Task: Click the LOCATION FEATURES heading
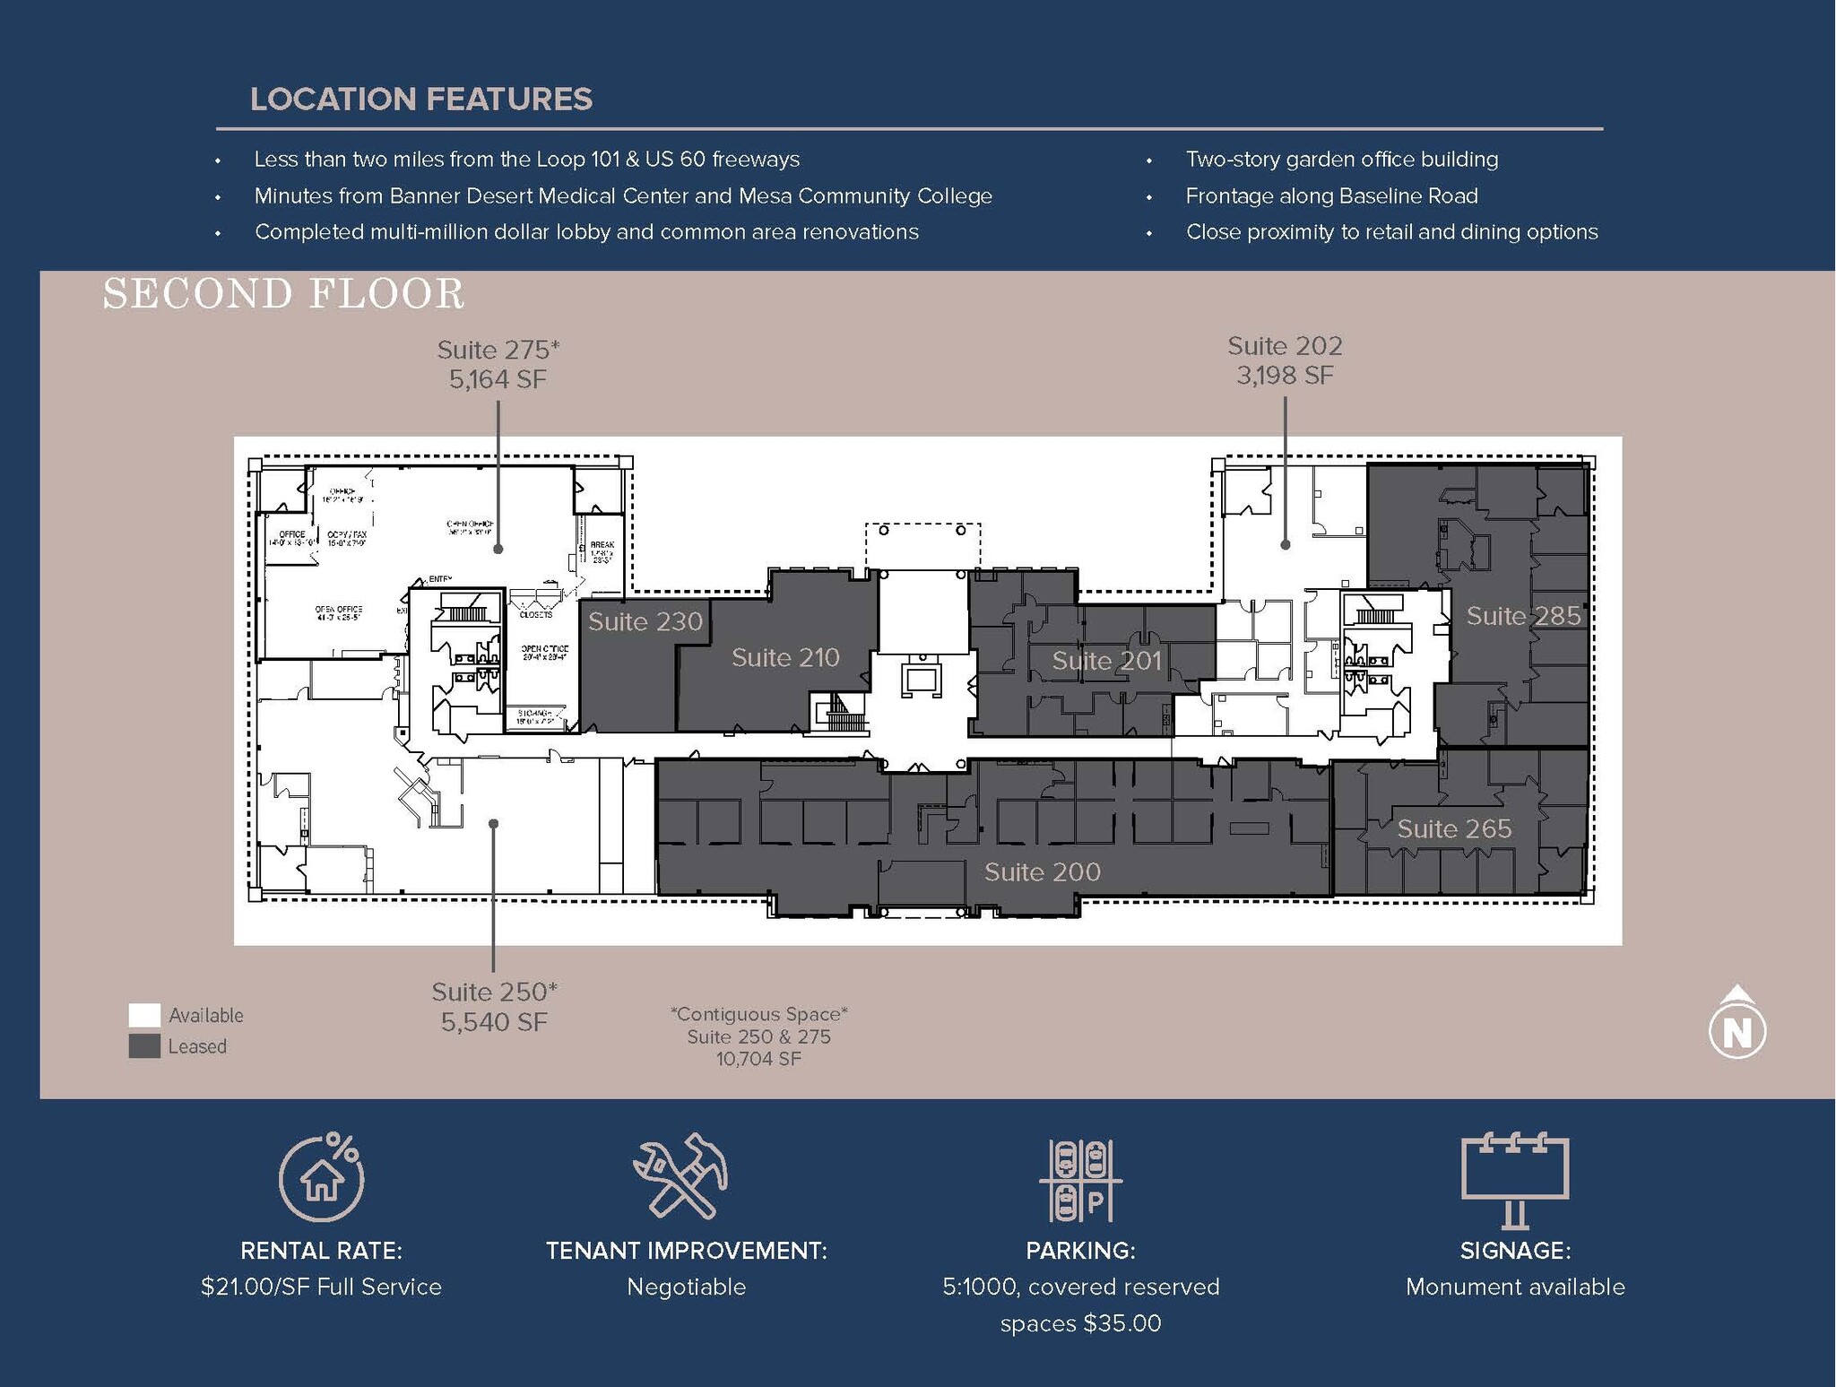coord(420,99)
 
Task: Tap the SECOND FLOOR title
coord(283,294)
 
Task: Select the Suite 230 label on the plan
coord(645,621)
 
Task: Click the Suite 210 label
coord(785,657)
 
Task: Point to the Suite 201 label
coord(1106,661)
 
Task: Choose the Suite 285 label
coord(1523,616)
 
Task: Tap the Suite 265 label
coord(1454,828)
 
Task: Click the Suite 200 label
coord(1042,871)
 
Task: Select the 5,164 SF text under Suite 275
coord(498,379)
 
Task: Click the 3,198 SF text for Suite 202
coord(1285,375)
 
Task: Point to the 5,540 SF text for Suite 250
coord(494,1022)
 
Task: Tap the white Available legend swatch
coord(144,1015)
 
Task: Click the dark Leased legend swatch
coord(144,1046)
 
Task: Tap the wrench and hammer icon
coord(681,1175)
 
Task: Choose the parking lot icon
coord(1080,1180)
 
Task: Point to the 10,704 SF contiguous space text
coord(758,1059)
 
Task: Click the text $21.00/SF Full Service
coord(321,1287)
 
